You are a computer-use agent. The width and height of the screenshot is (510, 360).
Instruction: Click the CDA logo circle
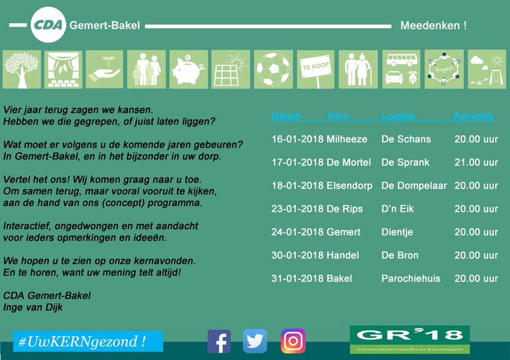48,25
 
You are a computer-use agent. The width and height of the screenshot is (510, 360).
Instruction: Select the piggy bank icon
189,69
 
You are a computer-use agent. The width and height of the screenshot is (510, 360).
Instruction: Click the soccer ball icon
273,69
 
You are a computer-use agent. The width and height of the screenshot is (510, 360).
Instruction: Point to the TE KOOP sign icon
316,69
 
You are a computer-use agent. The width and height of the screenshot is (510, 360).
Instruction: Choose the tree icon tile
22,69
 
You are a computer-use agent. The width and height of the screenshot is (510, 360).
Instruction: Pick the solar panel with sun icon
231,69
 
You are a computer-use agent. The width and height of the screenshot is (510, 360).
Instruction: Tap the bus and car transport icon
402,69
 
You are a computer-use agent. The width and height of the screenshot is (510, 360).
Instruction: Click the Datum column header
286,115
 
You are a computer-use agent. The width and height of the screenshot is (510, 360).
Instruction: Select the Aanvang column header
473,115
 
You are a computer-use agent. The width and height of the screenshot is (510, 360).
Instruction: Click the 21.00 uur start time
476,162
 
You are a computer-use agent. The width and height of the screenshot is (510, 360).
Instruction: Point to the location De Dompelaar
414,185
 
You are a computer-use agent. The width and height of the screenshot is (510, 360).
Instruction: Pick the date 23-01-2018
297,209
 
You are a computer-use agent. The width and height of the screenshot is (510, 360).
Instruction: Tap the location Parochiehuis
411,278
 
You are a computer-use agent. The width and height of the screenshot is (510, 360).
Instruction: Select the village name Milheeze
347,139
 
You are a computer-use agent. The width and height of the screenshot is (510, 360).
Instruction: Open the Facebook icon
219,341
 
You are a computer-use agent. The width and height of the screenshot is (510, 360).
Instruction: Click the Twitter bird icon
255,341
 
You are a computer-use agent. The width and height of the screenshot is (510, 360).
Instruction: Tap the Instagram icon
293,341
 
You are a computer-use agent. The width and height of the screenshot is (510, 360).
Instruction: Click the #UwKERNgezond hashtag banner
88,341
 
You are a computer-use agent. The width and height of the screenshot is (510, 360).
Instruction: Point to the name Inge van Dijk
33,307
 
